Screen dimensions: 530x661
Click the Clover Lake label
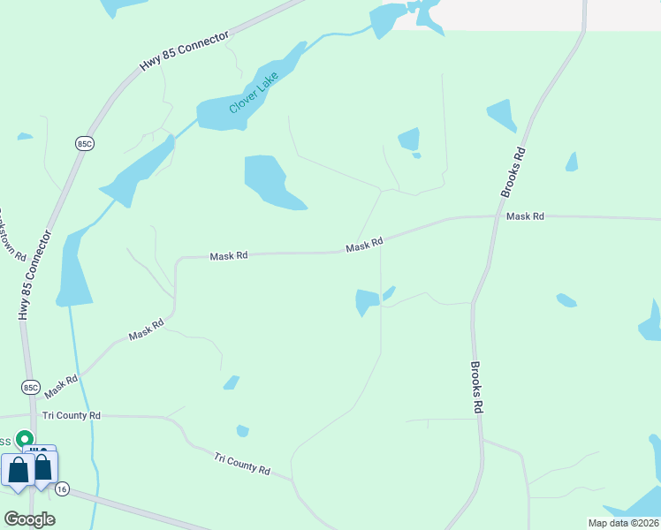(x=254, y=92)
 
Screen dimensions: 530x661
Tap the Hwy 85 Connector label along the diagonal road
(x=184, y=53)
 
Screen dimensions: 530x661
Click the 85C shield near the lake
(x=84, y=142)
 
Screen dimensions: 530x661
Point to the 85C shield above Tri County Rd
(x=31, y=387)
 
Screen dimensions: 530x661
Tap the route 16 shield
(x=61, y=488)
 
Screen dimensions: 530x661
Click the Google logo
(x=29, y=519)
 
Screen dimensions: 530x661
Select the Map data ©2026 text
(x=624, y=523)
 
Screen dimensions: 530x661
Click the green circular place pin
(x=26, y=438)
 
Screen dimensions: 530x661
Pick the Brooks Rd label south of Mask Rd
(x=476, y=387)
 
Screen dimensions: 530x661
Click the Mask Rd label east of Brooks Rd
(x=525, y=216)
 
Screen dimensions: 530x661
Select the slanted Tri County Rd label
(x=241, y=464)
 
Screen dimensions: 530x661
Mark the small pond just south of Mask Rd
(x=367, y=301)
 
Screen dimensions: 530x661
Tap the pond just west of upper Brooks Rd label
(x=502, y=115)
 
